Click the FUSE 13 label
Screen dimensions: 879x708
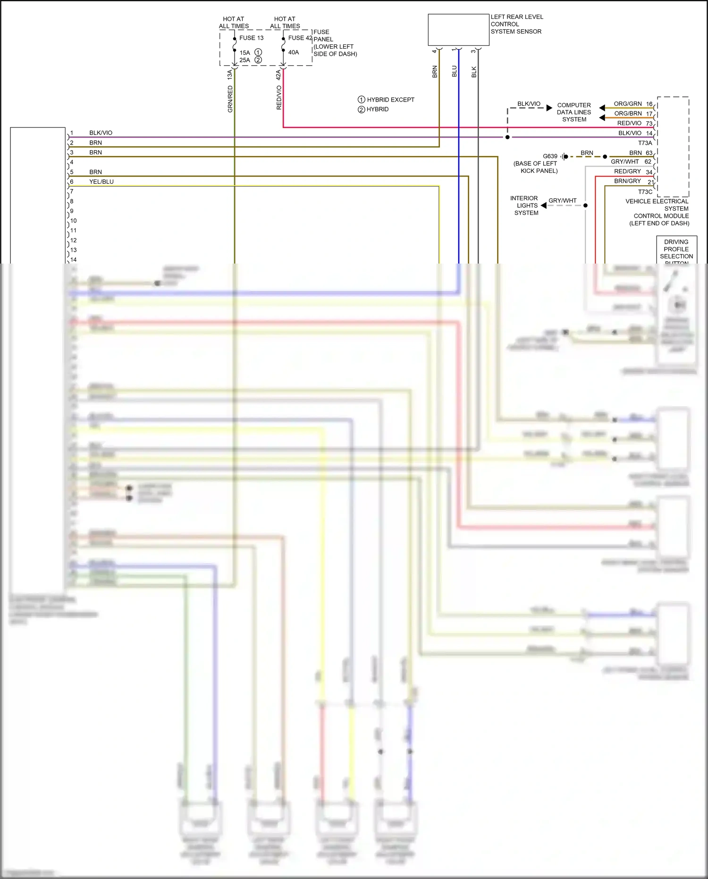pyautogui.click(x=251, y=38)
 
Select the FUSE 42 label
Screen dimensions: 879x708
pyautogui.click(x=300, y=38)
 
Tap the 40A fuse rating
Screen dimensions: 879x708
pyautogui.click(x=294, y=52)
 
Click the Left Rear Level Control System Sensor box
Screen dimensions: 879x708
pyautogui.click(x=458, y=30)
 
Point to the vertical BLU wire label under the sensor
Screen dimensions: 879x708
pyautogui.click(x=455, y=71)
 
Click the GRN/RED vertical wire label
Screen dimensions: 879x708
pyautogui.click(x=230, y=99)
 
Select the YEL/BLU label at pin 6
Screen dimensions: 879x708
pyautogui.click(x=101, y=182)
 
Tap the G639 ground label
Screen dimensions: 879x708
pyautogui.click(x=550, y=156)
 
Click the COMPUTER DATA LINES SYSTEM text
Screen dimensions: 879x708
pyautogui.click(x=574, y=112)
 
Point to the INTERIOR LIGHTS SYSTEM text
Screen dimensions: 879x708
pyautogui.click(x=525, y=205)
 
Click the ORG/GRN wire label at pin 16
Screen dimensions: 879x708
pyautogui.click(x=628, y=104)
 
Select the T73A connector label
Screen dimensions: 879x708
pyautogui.click(x=645, y=143)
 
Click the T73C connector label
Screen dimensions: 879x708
pyautogui.click(x=645, y=192)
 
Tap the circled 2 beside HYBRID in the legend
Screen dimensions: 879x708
pyautogui.click(x=362, y=110)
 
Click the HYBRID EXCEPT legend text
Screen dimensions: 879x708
pyautogui.click(x=390, y=100)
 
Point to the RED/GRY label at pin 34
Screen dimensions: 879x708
pyautogui.click(x=627, y=171)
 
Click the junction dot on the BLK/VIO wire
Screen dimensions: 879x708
pyautogui.click(x=507, y=137)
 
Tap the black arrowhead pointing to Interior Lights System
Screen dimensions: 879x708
pyautogui.click(x=544, y=205)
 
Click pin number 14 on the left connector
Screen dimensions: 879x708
pyautogui.click(x=74, y=260)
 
